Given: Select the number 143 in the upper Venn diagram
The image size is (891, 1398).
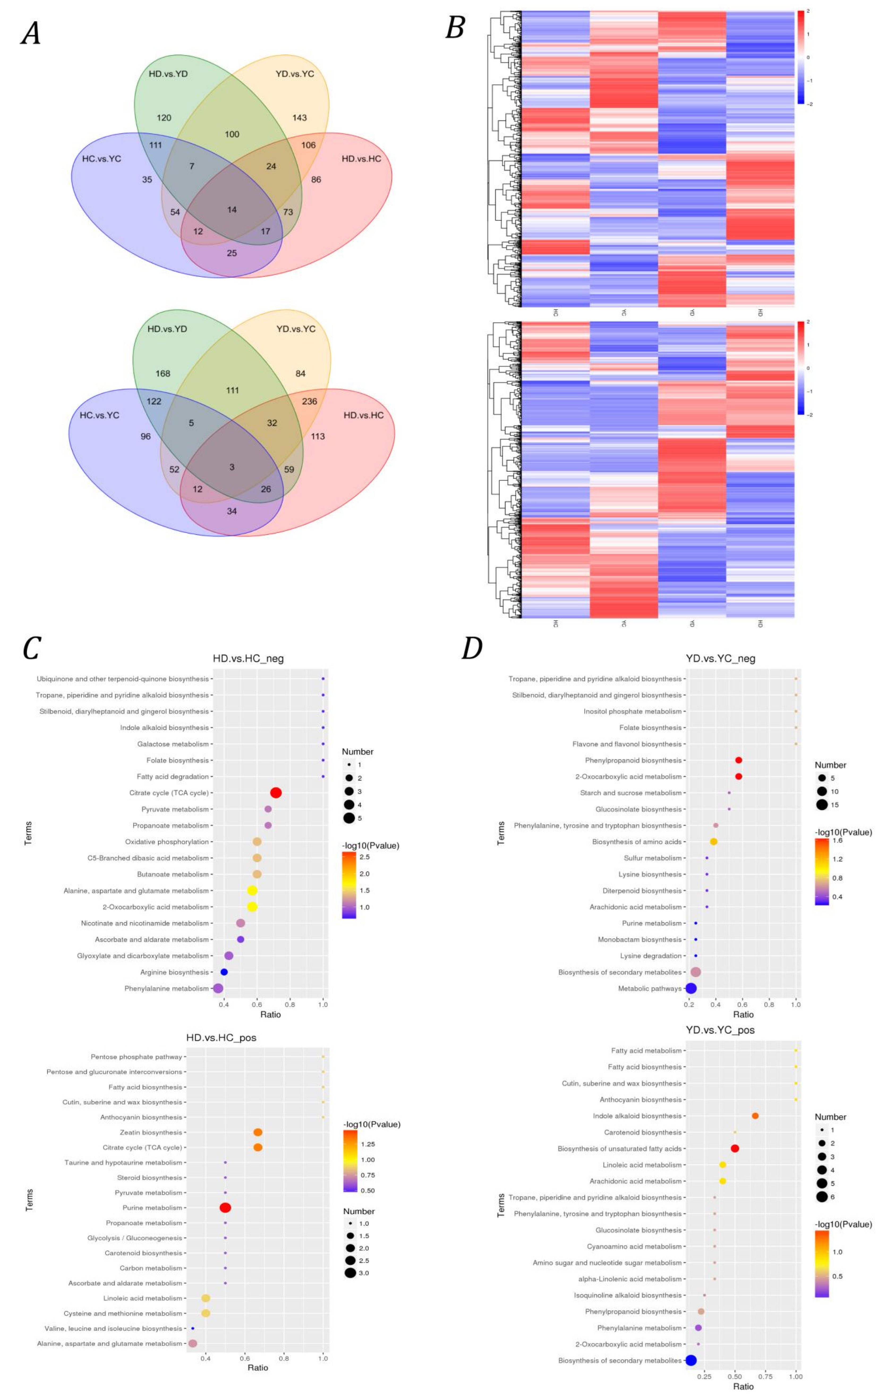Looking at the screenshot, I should coord(300,118).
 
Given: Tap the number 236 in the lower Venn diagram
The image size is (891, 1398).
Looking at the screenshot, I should coord(309,401).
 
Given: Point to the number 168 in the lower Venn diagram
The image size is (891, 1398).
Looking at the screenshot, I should coord(163,373).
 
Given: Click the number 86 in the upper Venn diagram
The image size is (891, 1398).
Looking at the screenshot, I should coord(316,179).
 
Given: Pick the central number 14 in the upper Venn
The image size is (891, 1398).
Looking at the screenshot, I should coord(232,210).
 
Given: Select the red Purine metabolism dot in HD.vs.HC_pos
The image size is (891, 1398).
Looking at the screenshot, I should coord(225,1208).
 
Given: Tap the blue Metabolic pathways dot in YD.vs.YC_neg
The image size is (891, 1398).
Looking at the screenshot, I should coord(691,988).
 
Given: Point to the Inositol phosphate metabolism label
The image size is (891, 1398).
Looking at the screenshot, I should coord(633,711).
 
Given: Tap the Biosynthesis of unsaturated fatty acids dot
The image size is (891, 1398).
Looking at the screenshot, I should coord(735,1148).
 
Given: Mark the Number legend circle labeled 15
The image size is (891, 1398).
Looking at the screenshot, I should coord(822,805).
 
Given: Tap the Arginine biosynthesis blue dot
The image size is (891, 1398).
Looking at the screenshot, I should coord(224,972).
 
